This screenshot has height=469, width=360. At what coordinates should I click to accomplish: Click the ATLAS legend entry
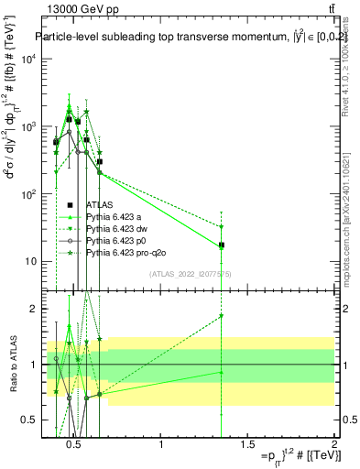(x=99, y=206)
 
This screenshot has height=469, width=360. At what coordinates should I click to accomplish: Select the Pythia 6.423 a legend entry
(x=117, y=217)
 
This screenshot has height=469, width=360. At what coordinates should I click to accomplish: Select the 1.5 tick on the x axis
(x=247, y=445)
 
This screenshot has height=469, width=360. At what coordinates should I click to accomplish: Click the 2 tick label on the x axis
(x=333, y=445)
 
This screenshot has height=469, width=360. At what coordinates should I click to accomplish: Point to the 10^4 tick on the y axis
(x=27, y=59)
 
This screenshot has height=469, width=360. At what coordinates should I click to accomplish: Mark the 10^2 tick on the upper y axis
(x=27, y=194)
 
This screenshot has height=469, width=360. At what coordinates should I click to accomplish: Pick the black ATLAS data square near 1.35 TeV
(x=222, y=245)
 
